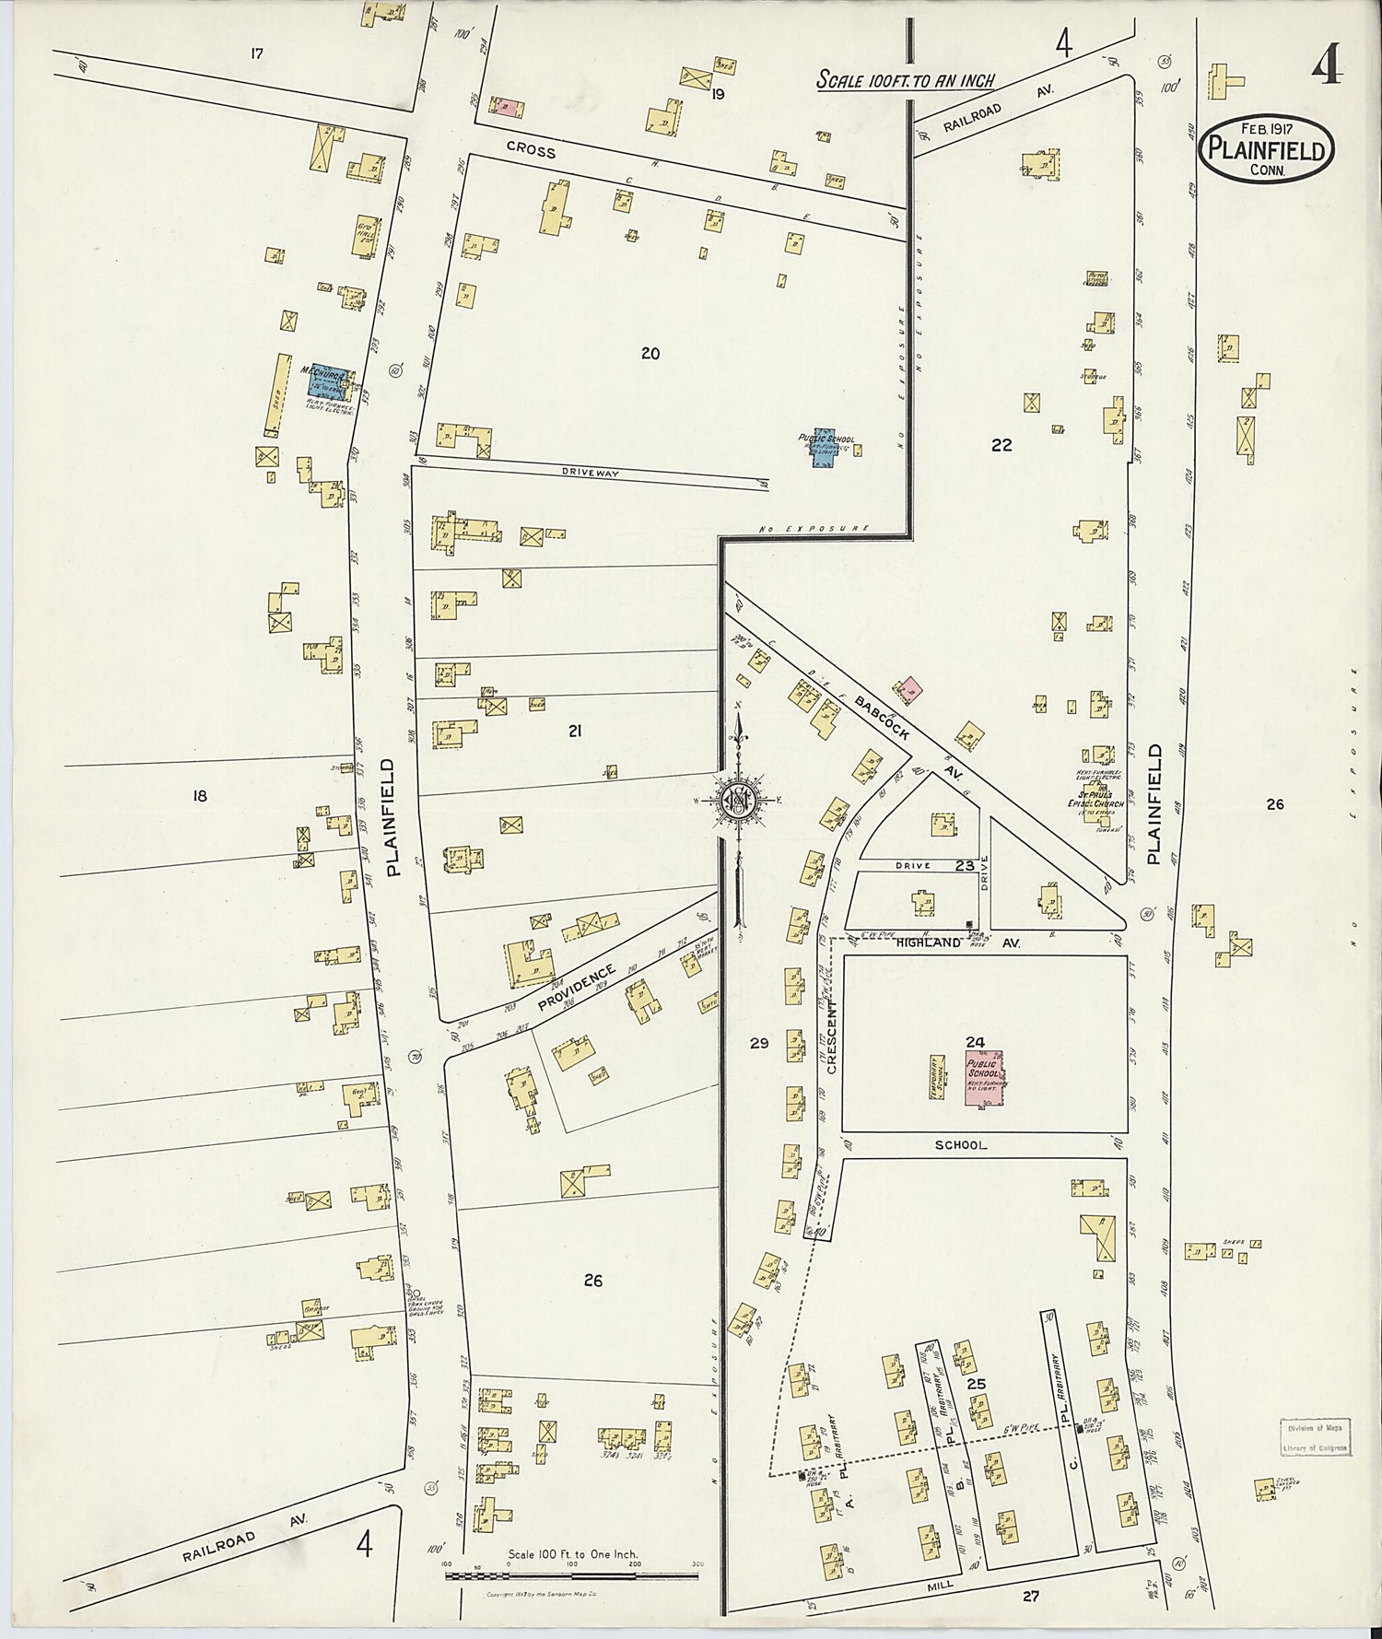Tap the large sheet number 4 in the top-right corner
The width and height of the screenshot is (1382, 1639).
pyautogui.click(x=1328, y=64)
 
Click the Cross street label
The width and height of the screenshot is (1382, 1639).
pyautogui.click(x=531, y=149)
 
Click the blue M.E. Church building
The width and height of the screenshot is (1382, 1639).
pyautogui.click(x=328, y=381)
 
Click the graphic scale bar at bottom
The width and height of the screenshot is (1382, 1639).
pyautogui.click(x=571, y=1576)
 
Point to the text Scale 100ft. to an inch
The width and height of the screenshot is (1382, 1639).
pyautogui.click(x=907, y=81)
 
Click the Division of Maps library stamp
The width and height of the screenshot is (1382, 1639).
pyautogui.click(x=1314, y=1436)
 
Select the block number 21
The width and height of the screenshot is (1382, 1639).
pyautogui.click(x=575, y=732)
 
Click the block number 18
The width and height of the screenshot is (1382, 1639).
pyautogui.click(x=200, y=796)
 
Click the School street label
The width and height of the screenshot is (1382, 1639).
pyautogui.click(x=960, y=1145)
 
